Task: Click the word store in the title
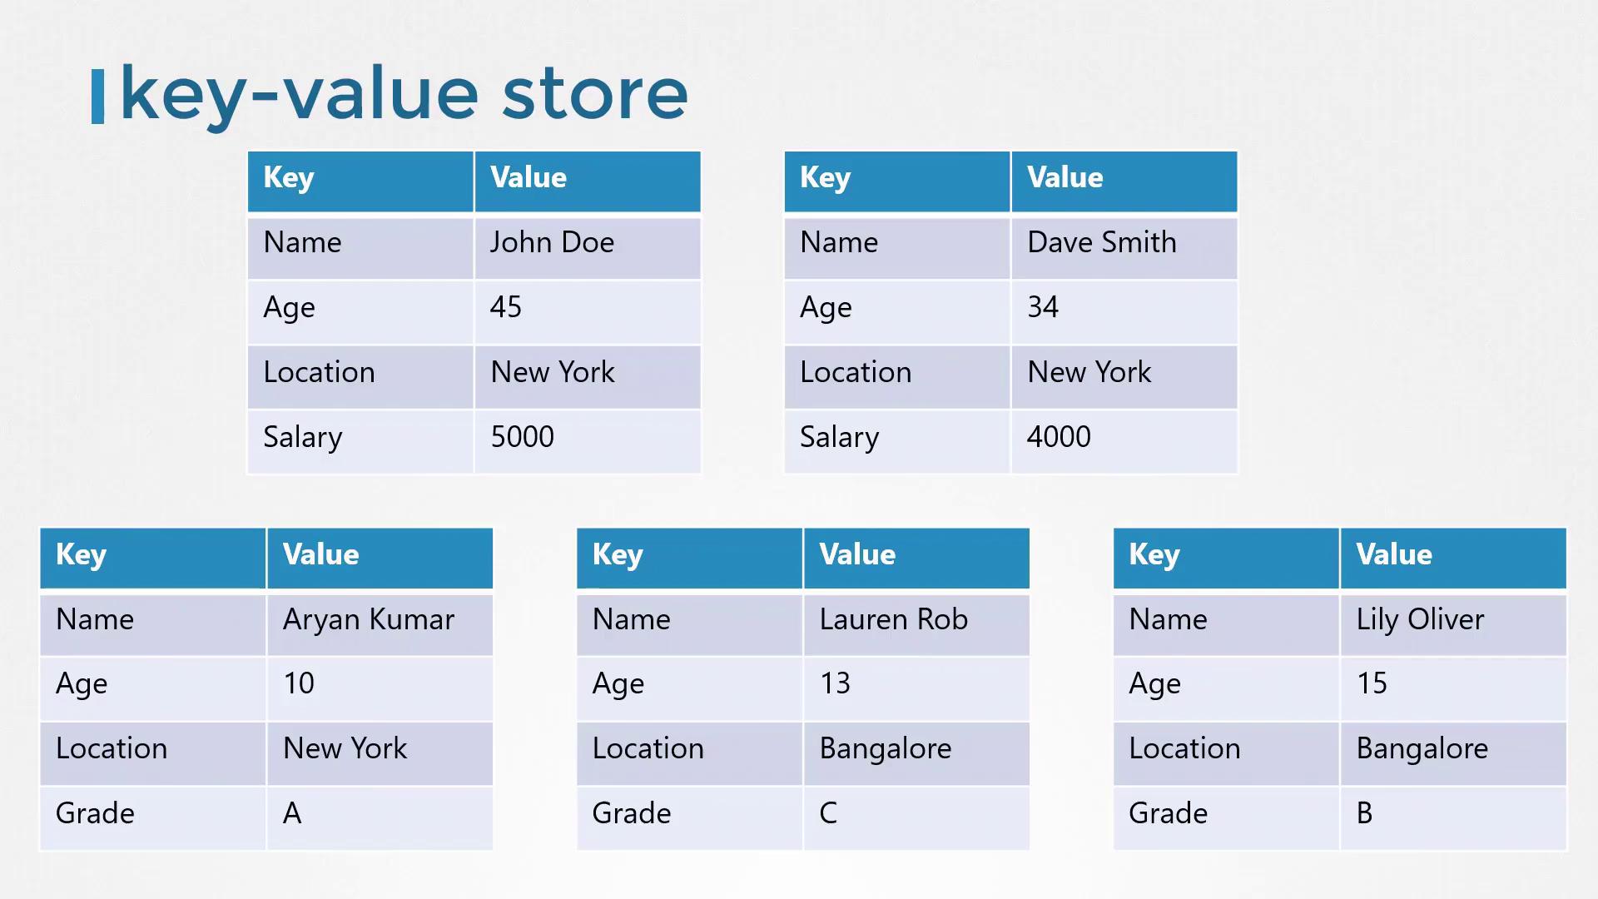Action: pyautogui.click(x=595, y=93)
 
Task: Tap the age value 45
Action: pyautogui.click(x=506, y=307)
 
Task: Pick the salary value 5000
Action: pyautogui.click(x=522, y=437)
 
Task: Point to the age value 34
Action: pyautogui.click(x=1043, y=307)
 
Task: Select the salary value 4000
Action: pyautogui.click(x=1059, y=437)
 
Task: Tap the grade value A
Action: pyautogui.click(x=292, y=813)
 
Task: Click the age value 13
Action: pyautogui.click(x=835, y=683)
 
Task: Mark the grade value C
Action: pyautogui.click(x=828, y=813)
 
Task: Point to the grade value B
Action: pyautogui.click(x=1364, y=813)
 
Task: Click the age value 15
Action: pyautogui.click(x=1372, y=683)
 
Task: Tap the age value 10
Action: pyautogui.click(x=299, y=683)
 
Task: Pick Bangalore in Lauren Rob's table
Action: pyautogui.click(x=886, y=748)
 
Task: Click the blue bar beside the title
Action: pyautogui.click(x=97, y=97)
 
